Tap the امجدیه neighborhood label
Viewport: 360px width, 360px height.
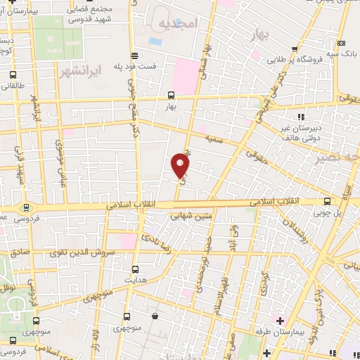175,24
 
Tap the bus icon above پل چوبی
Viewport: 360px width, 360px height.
328,200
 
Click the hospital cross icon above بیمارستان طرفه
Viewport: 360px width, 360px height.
279,321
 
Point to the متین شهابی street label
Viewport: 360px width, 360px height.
194,217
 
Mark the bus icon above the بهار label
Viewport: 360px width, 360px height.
171,94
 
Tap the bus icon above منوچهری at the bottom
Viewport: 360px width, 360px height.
126,316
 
